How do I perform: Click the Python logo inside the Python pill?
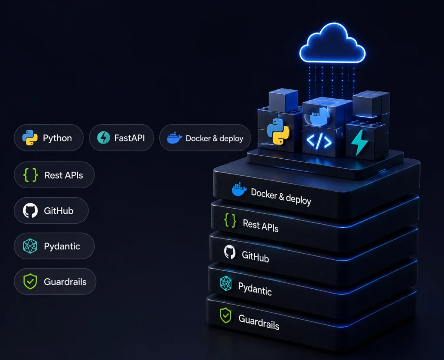pyautogui.click(x=30, y=137)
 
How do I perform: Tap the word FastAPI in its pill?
pyautogui.click(x=129, y=138)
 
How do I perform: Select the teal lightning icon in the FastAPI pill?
pyautogui.click(x=103, y=137)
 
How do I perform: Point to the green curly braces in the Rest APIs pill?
pyautogui.click(x=30, y=175)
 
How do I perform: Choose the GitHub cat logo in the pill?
pyautogui.click(x=30, y=210)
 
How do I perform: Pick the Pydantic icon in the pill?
pyautogui.click(x=30, y=245)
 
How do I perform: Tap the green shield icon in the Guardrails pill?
pyautogui.click(x=30, y=281)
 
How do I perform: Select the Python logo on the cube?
pyautogui.click(x=278, y=131)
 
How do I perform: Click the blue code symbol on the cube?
pyautogui.click(x=319, y=141)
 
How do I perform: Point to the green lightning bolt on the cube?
pyautogui.click(x=359, y=142)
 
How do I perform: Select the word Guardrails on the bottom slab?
pyautogui.click(x=259, y=322)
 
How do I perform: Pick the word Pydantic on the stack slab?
pyautogui.click(x=255, y=288)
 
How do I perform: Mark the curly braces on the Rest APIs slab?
pyautogui.click(x=230, y=220)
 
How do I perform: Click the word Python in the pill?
pyautogui.click(x=57, y=138)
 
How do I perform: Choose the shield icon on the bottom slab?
pyautogui.click(x=225, y=315)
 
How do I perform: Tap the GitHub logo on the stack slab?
pyautogui.click(x=230, y=252)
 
